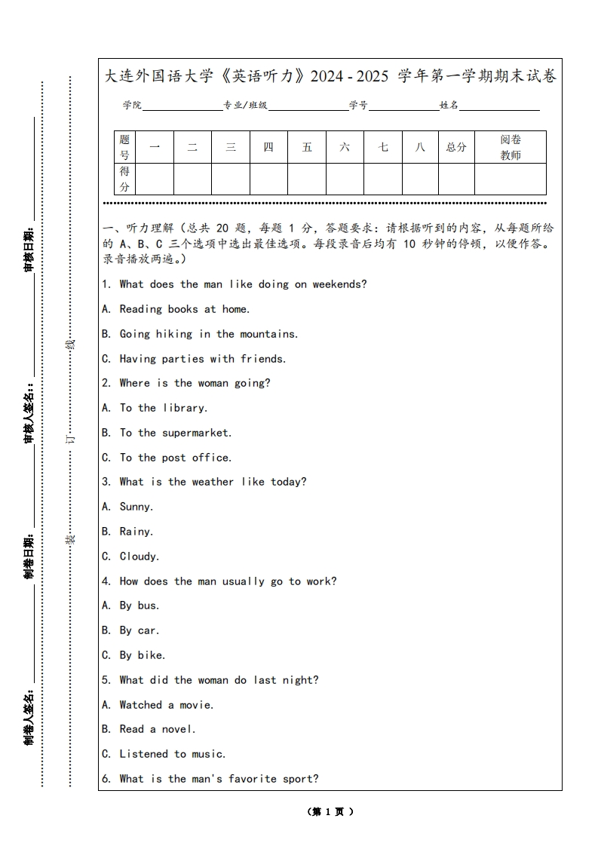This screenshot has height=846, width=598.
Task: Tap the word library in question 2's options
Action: (183, 408)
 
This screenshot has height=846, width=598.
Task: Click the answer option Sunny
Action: (136, 507)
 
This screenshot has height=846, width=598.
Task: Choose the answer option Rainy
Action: (136, 532)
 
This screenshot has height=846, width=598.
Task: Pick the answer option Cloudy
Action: (139, 556)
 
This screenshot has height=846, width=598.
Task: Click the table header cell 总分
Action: (456, 147)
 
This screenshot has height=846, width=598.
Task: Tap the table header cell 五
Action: (307, 147)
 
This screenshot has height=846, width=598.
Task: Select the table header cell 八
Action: (420, 147)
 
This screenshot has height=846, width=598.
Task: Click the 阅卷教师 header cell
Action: (511, 147)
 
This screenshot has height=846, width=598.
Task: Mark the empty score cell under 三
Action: (231, 179)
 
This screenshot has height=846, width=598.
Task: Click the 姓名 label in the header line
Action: (449, 106)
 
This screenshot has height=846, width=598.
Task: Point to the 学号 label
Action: (358, 106)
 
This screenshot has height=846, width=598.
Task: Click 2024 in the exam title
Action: (327, 76)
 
